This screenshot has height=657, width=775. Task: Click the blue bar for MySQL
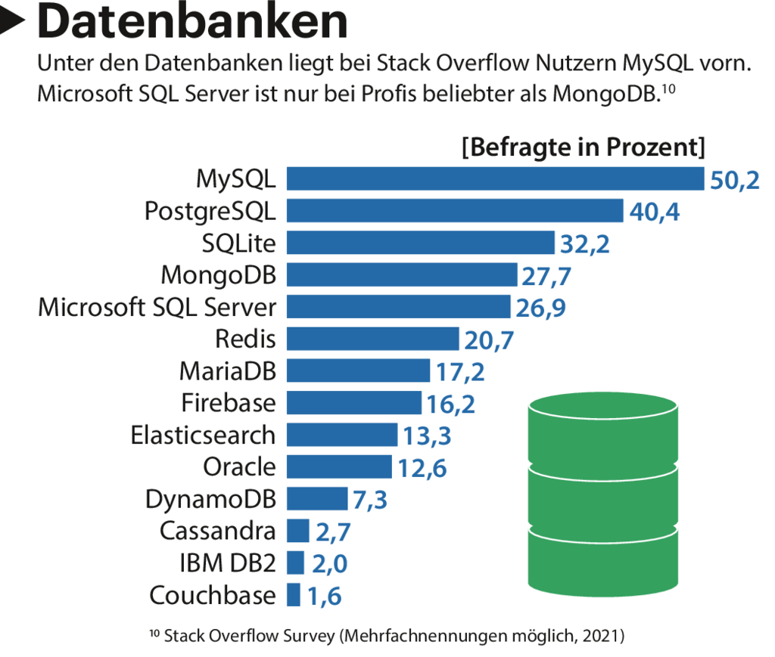(496, 179)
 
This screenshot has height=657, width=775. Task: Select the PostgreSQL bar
(454, 211)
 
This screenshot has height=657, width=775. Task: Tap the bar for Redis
(372, 339)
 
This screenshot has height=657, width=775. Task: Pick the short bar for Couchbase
(294, 595)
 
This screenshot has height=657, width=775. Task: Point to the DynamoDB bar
(316, 499)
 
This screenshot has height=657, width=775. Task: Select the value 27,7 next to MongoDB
(546, 277)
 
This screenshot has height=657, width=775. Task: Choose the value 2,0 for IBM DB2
(332, 564)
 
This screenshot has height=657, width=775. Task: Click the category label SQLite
(239, 243)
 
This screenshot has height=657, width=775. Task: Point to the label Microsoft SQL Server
(157, 307)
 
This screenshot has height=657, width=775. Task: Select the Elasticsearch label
(203, 435)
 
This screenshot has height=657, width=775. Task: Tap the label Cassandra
(218, 531)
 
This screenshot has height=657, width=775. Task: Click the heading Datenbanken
(193, 22)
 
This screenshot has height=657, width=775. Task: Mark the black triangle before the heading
(14, 23)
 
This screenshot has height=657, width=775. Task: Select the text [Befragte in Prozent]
(584, 147)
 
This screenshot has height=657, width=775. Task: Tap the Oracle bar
(339, 467)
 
